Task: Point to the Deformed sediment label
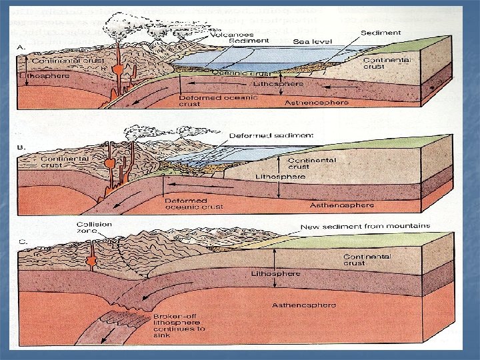click(271, 135)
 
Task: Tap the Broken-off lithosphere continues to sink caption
click(179, 325)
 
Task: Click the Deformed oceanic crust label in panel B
click(186, 203)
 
